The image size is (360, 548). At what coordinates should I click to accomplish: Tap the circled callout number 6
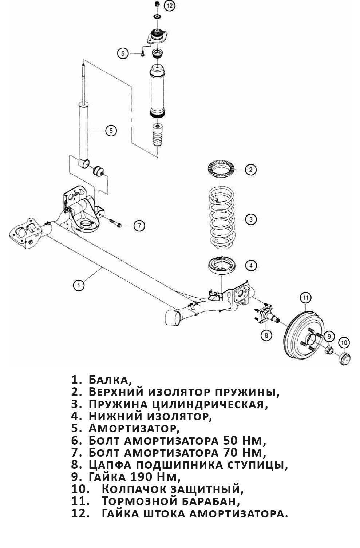123,53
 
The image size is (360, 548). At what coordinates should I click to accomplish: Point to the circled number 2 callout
250,170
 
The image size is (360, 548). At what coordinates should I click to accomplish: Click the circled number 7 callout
139,226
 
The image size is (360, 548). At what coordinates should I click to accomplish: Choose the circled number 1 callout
79,285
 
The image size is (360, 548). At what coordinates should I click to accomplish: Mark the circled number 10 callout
344,342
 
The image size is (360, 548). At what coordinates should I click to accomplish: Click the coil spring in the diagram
222,218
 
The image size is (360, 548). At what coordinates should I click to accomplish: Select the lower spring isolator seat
221,265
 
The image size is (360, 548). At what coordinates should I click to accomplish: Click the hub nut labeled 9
328,350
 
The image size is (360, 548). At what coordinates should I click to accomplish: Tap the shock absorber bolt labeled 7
116,223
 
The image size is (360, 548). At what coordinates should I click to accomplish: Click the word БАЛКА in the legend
109,380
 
